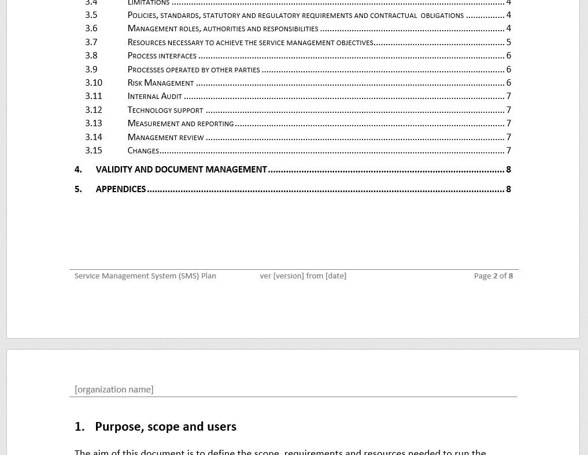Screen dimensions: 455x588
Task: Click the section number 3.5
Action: point(91,15)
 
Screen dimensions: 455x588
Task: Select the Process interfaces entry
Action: point(162,56)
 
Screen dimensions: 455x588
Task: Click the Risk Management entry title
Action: point(160,83)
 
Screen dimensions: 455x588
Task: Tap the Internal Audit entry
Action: point(154,96)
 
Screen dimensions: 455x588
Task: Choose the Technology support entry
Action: point(165,110)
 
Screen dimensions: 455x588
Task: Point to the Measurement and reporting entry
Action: point(180,123)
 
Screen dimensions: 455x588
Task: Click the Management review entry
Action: point(165,137)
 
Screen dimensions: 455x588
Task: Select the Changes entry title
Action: point(143,151)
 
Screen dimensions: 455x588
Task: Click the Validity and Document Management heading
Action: point(181,170)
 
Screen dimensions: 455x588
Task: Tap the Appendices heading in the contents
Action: point(120,189)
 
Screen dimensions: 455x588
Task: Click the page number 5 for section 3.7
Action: point(508,42)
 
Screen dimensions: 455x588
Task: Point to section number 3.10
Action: point(93,83)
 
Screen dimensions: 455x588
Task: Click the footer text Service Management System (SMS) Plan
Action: point(145,276)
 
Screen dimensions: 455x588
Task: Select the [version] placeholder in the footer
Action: point(289,276)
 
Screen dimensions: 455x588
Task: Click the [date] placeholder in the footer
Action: point(336,276)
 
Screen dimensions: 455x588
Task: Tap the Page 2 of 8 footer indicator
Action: point(493,276)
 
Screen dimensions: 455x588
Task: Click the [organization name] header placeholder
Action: point(114,390)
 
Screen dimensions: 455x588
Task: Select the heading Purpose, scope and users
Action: point(165,427)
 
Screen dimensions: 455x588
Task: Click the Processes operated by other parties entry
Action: point(193,69)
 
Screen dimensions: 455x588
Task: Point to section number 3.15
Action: point(93,151)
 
